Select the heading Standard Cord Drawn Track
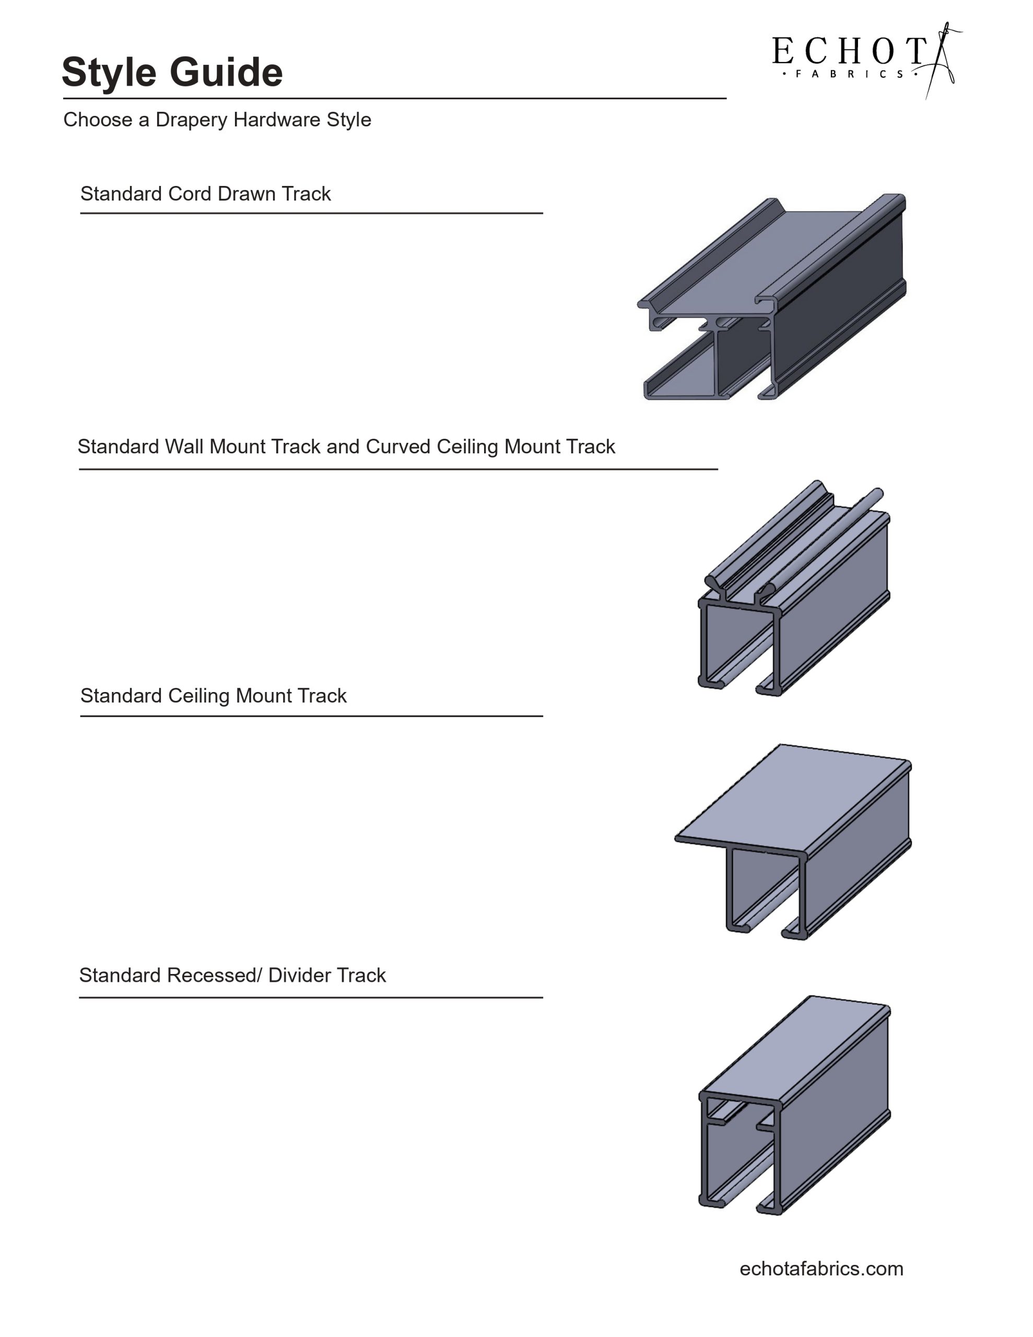point(205,194)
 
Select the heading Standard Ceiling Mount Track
point(213,696)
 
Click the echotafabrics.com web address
point(821,1269)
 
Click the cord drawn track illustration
point(771,300)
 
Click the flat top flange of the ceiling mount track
point(796,796)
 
